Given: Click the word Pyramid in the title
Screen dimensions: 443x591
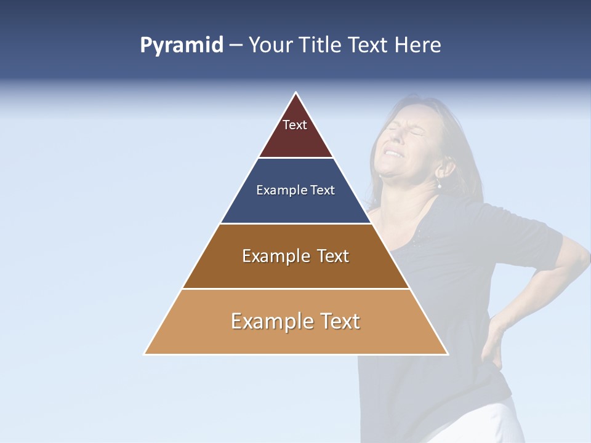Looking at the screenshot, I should tap(182, 46).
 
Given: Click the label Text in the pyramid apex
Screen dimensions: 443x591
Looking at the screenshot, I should tap(295, 125).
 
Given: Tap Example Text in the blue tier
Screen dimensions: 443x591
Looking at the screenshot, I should tap(295, 190).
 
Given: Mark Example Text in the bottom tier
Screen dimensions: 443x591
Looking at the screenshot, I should tap(295, 321).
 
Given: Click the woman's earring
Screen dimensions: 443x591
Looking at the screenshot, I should tap(440, 185).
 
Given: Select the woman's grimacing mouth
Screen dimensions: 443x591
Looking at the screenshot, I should tap(392, 153).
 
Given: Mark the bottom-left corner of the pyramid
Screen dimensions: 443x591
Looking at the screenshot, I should tap(145, 354).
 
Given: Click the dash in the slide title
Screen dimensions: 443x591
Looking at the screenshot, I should tap(235, 46).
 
